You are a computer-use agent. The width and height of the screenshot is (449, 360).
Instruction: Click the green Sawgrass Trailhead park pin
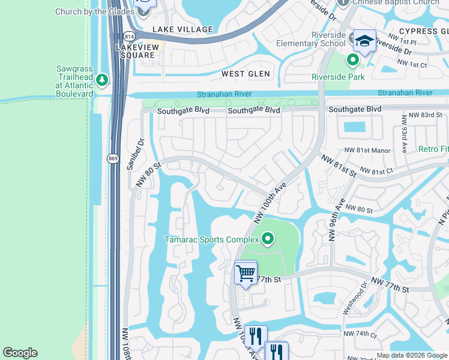[x=103, y=79]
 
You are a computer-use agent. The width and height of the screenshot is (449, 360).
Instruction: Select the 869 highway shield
[x=112, y=158]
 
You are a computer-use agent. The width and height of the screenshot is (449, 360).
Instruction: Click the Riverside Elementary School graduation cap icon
[x=364, y=41]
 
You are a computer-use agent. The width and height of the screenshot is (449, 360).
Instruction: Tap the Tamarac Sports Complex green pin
[x=268, y=240]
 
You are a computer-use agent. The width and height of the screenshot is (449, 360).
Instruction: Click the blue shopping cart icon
[x=246, y=273]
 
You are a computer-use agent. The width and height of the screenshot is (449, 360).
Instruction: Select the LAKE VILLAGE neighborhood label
[x=182, y=29]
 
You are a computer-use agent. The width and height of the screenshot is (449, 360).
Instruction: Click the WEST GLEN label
[x=246, y=74]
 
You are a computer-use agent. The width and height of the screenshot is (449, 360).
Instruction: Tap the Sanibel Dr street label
[x=135, y=155]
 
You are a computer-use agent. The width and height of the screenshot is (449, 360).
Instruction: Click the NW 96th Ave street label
[x=336, y=219]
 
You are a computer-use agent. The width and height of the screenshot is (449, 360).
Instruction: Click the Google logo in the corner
[x=20, y=353]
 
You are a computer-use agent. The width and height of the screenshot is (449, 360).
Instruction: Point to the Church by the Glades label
[x=93, y=11]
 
